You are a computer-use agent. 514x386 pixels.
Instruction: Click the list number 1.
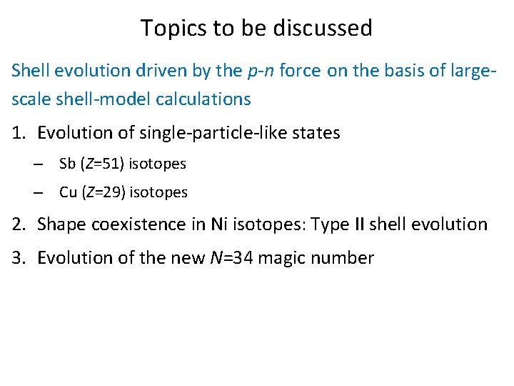point(17,133)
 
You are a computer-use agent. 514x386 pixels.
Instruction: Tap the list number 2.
point(17,224)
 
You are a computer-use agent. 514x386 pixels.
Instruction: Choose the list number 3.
point(17,258)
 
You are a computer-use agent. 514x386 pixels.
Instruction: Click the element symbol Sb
point(68,164)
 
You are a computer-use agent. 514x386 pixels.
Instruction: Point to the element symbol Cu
point(69,192)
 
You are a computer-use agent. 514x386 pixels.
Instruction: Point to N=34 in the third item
point(228,258)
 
